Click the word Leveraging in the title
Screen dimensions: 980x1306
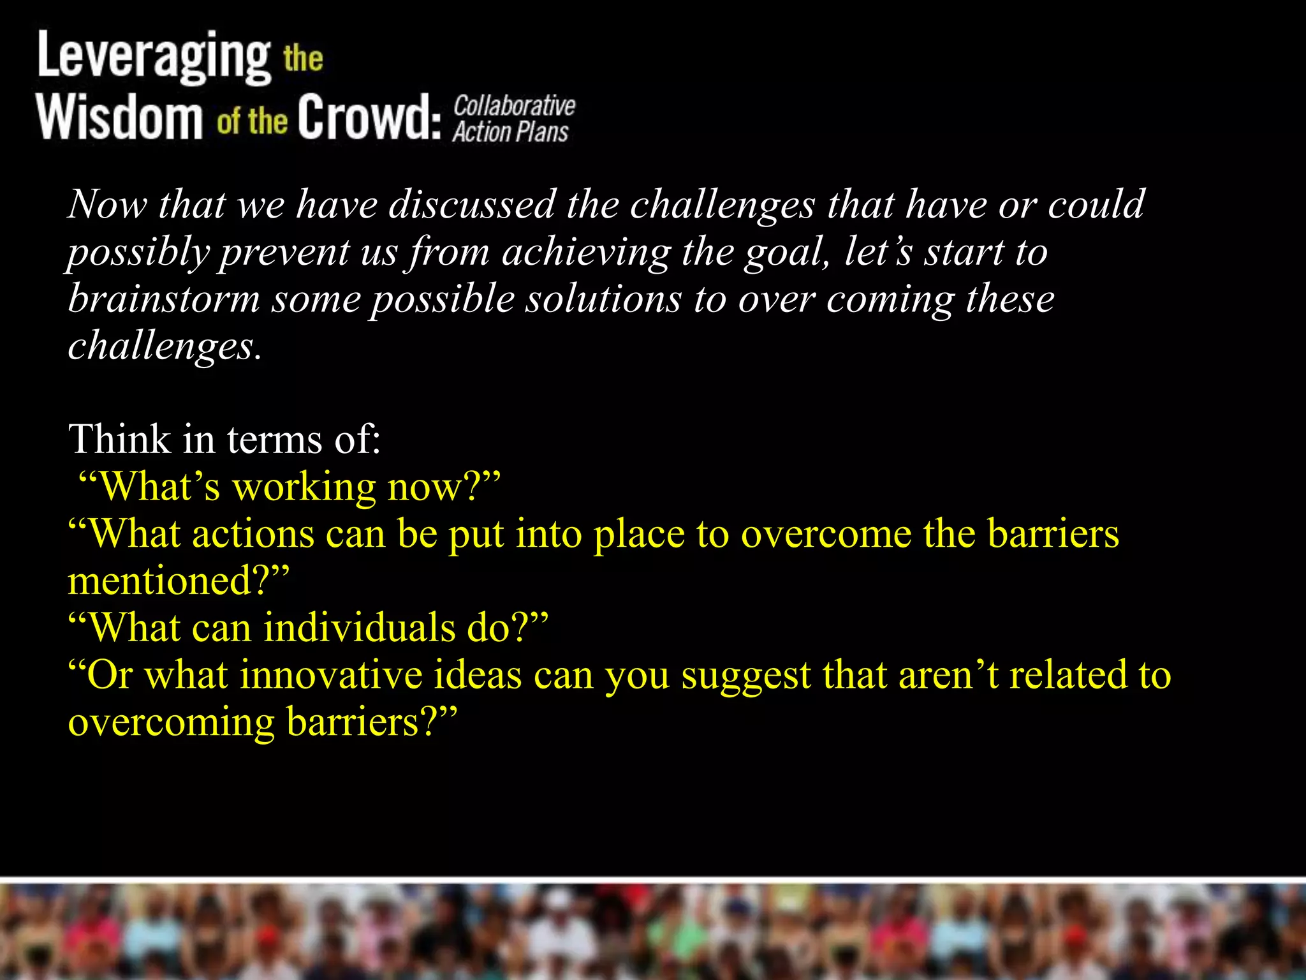pos(154,57)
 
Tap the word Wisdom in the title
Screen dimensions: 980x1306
pos(119,117)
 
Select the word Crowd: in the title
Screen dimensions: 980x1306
pos(369,117)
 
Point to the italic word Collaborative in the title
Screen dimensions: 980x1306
pos(514,105)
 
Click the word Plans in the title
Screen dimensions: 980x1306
pos(541,132)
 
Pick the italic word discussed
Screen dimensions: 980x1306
pos(472,205)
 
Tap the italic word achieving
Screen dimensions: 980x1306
pos(586,252)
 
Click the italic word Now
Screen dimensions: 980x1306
pos(106,205)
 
